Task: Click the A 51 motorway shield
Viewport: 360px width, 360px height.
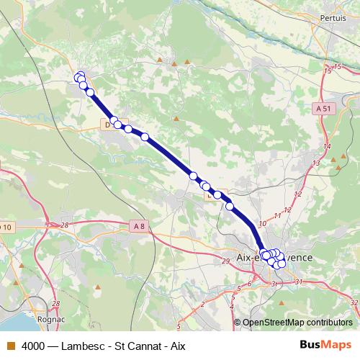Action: tap(323, 108)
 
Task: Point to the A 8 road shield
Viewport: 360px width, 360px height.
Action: tap(139, 225)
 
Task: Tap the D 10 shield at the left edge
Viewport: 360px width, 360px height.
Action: tap(6, 228)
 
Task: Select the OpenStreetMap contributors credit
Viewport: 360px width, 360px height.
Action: tap(297, 323)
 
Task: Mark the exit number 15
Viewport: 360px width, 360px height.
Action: tap(328, 70)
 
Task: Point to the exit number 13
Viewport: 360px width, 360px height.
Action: tap(317, 164)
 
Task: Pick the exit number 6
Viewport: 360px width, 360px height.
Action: tap(249, 284)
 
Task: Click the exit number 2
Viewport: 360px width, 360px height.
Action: tap(202, 304)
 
